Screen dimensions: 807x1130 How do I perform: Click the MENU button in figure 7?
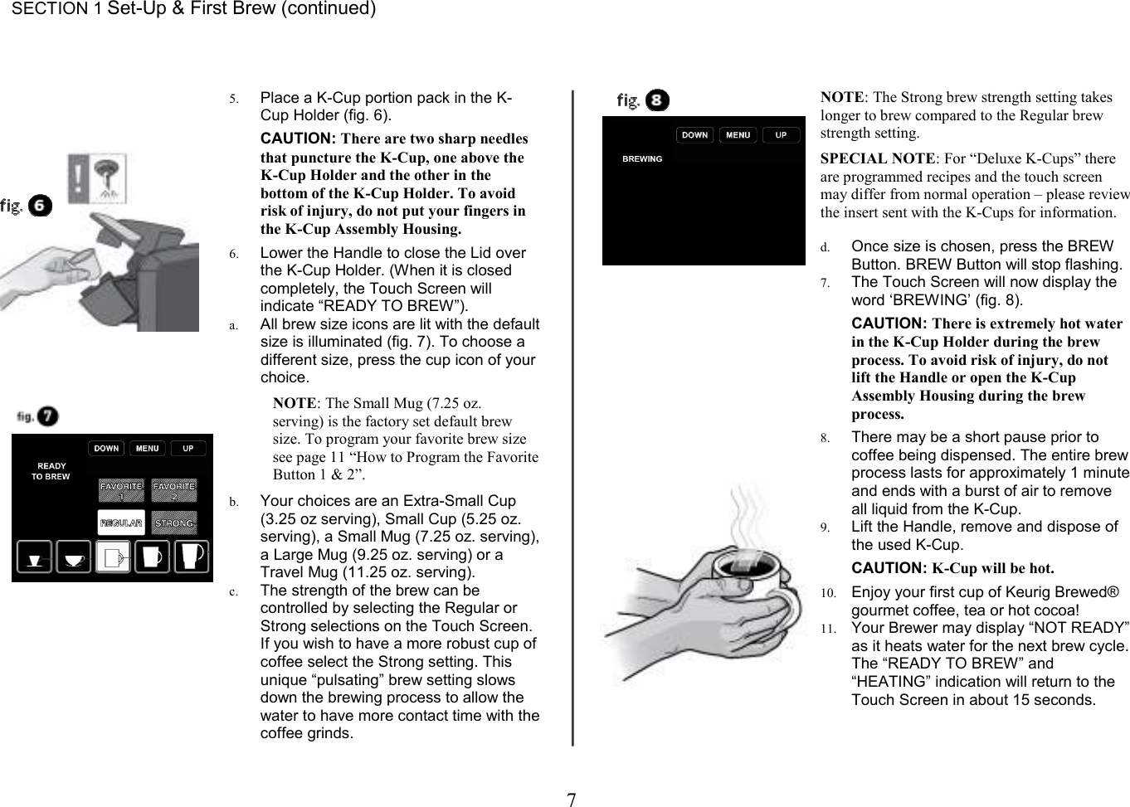click(147, 449)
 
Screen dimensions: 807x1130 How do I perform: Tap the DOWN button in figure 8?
click(694, 135)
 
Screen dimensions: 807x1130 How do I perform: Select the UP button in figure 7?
click(188, 449)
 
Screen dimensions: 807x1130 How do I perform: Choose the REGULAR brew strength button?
click(120, 523)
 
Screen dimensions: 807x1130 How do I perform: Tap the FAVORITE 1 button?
click(121, 490)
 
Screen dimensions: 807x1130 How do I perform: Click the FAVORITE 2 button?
click(174, 490)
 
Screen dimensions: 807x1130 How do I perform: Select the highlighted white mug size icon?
click(113, 557)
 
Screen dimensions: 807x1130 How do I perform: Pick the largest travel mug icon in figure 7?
click(191, 556)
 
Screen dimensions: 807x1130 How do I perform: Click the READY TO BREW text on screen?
click(51, 471)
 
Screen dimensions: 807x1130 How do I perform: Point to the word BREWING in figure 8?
click(642, 158)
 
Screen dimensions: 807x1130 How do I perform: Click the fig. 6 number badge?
click(40, 205)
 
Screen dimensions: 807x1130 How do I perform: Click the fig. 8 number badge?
click(657, 100)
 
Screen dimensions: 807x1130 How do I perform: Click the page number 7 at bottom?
click(571, 800)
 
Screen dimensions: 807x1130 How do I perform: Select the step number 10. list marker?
click(828, 593)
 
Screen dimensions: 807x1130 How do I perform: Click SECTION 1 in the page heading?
click(50, 9)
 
